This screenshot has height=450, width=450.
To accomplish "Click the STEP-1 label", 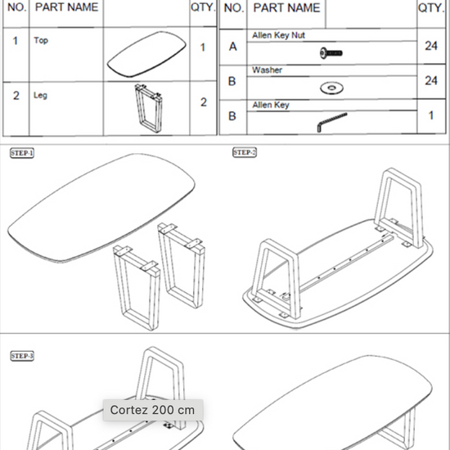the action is pyautogui.click(x=22, y=153).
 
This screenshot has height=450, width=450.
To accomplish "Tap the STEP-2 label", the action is pyautogui.click(x=245, y=152).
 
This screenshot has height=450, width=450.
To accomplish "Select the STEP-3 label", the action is pyautogui.click(x=22, y=356).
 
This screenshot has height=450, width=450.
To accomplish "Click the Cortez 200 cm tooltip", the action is pyautogui.click(x=153, y=410).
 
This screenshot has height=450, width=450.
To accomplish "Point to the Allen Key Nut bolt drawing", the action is pyautogui.click(x=331, y=53).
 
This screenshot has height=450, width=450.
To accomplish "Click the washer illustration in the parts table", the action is pyautogui.click(x=331, y=88).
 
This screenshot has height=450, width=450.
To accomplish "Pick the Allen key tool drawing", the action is pyautogui.click(x=331, y=122).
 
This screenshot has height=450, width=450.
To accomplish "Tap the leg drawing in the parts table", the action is pyautogui.click(x=148, y=108).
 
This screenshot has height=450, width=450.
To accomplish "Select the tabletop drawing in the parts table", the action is pyautogui.click(x=146, y=54).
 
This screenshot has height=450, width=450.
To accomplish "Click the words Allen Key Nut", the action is pyautogui.click(x=278, y=35).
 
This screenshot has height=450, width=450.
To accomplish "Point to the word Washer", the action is pyautogui.click(x=268, y=70).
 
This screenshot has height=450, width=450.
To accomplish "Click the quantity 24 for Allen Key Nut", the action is pyautogui.click(x=431, y=46).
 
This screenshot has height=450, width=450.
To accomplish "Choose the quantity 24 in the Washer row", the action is pyautogui.click(x=431, y=81).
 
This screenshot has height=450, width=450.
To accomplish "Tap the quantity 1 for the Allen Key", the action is pyautogui.click(x=431, y=115).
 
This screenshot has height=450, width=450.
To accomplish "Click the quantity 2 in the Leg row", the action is pyautogui.click(x=204, y=102).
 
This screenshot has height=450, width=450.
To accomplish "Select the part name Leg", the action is pyautogui.click(x=40, y=95).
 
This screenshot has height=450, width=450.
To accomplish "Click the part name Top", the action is pyautogui.click(x=41, y=40).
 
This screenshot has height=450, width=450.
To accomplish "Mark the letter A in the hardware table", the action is pyautogui.click(x=232, y=47).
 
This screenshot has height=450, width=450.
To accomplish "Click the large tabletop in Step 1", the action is pyautogui.click(x=101, y=208).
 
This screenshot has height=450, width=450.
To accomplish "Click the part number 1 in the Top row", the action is pyautogui.click(x=16, y=41).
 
